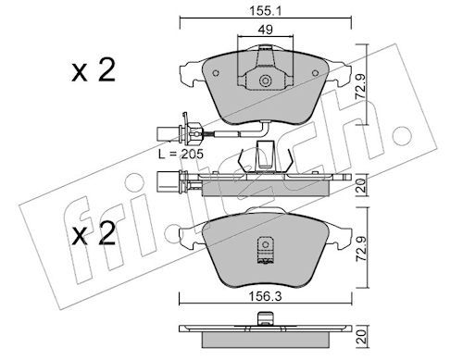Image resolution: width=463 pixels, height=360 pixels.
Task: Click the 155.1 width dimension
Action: [x=265, y=11]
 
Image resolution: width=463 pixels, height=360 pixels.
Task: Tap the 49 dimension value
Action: [x=266, y=30]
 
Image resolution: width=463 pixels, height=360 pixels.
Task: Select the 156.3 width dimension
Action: [x=266, y=297]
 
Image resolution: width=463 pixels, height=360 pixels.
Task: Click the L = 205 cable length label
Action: [x=181, y=154]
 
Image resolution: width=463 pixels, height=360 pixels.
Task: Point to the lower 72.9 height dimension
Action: [x=361, y=249]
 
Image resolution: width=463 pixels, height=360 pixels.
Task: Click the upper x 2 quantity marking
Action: [x=94, y=70]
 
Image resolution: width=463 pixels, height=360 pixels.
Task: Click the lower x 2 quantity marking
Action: [x=94, y=233]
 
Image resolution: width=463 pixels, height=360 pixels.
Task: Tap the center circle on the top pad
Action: [x=265, y=81]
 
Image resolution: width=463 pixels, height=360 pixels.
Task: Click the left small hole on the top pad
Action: [x=216, y=73]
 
